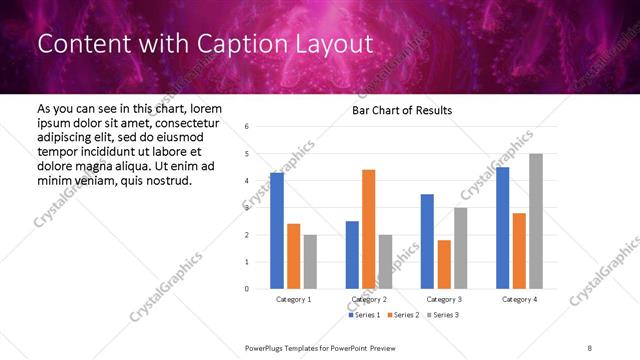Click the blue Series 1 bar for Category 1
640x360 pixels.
click(x=277, y=231)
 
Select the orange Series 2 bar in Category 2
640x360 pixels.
click(x=369, y=229)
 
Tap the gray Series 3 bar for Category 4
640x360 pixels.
click(x=536, y=221)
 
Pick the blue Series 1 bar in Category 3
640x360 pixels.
click(x=427, y=241)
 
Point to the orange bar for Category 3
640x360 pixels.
click(x=444, y=264)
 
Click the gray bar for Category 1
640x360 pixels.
click(x=310, y=262)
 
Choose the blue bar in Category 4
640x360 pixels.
click(x=503, y=228)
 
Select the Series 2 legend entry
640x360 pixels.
click(x=402, y=315)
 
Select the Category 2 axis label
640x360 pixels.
click(x=369, y=299)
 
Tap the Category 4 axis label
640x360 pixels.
click(x=519, y=299)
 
